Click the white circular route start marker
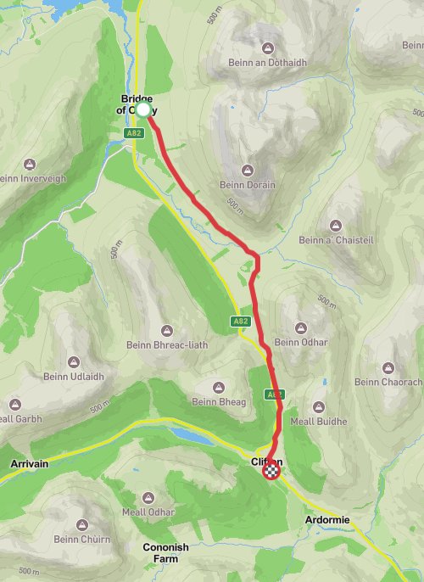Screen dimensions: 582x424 pos(143,109)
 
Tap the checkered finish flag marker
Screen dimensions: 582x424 pos(271,473)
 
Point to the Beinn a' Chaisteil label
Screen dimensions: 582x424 pos(335,240)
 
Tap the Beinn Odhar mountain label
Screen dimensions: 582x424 pos(300,342)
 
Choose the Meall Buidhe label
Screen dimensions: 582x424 pos(319,422)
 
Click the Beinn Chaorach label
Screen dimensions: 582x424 pos(388,383)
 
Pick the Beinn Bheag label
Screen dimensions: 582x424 pos(218,401)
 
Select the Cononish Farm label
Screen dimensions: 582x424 pos(166,553)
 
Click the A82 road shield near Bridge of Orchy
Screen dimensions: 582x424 pos(135,133)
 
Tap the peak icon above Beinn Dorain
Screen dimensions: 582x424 pos(248,169)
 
